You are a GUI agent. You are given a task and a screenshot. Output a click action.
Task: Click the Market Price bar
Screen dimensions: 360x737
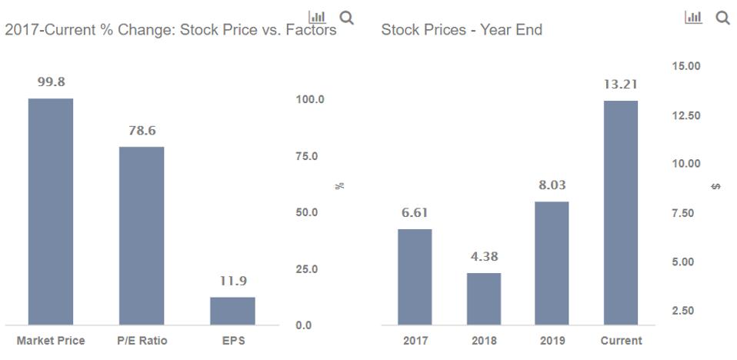(x=51, y=212)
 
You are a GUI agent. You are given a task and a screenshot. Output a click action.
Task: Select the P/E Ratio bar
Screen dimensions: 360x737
(x=142, y=235)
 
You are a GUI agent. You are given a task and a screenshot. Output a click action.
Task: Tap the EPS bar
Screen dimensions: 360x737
(x=232, y=311)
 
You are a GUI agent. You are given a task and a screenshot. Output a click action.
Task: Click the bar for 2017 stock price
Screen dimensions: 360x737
(x=415, y=277)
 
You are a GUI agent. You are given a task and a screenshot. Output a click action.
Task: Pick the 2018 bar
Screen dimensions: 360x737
(x=484, y=298)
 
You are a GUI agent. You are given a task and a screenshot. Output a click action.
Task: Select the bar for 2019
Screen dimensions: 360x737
(x=552, y=263)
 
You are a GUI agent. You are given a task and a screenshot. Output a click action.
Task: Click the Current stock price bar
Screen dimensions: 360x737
(x=621, y=213)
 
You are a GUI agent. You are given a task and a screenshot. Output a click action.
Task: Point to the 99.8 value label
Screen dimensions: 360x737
(x=51, y=83)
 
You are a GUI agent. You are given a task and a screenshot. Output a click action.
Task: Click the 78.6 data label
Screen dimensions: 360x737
(x=142, y=132)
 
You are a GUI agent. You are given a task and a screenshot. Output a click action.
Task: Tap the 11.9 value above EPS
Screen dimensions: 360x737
(x=232, y=282)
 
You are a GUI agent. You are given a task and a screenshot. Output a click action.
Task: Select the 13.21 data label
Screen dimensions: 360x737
(x=621, y=85)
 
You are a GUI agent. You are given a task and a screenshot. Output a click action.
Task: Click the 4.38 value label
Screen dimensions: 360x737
(x=484, y=257)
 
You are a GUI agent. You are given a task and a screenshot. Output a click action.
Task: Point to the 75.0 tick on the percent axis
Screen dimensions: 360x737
(x=309, y=156)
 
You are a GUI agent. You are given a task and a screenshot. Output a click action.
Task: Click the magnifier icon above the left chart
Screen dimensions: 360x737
(x=346, y=17)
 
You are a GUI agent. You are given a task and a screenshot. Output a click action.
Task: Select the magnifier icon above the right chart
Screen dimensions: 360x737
(x=722, y=17)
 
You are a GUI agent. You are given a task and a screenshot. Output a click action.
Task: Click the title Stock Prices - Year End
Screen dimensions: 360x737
(x=461, y=31)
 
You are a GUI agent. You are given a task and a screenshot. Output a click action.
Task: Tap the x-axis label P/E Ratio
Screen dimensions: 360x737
(x=142, y=341)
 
